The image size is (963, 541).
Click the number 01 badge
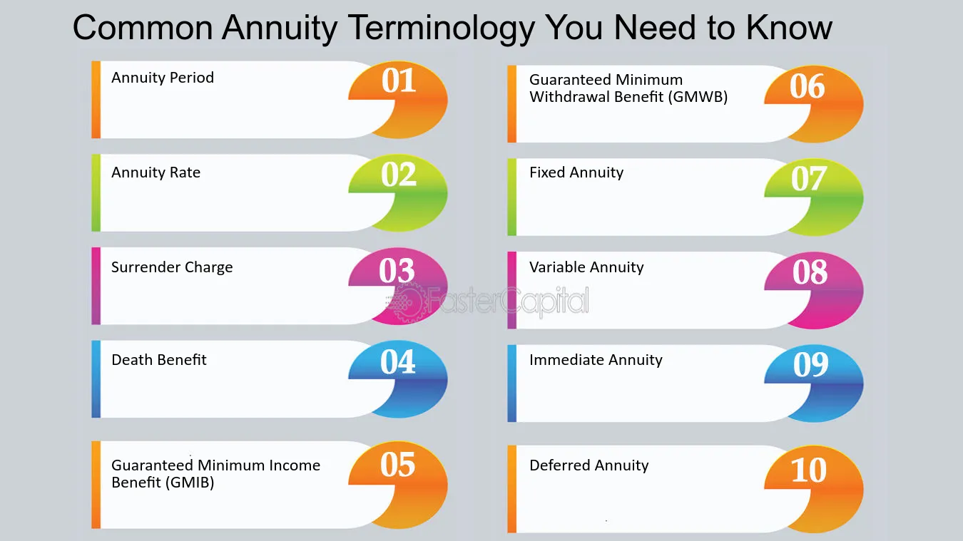(398, 99)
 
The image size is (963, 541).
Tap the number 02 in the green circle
(399, 175)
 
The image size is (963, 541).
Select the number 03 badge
(398, 286)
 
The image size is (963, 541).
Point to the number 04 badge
(398, 379)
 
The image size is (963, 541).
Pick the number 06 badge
(814, 103)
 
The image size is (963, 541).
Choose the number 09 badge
(814, 383)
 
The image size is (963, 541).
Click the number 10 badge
(814, 489)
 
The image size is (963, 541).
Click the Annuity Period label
(163, 78)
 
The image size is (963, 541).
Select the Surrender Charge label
(172, 267)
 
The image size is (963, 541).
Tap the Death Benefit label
(159, 360)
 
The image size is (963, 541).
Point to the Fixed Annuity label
(576, 172)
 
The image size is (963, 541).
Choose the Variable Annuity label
(586, 267)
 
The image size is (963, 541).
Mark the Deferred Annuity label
(589, 465)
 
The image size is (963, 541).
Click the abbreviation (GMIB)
(190, 483)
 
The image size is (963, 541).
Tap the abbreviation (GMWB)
(698, 97)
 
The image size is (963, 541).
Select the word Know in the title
(789, 28)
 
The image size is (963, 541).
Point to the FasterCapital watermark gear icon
(407, 302)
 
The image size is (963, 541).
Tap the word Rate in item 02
(185, 172)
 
